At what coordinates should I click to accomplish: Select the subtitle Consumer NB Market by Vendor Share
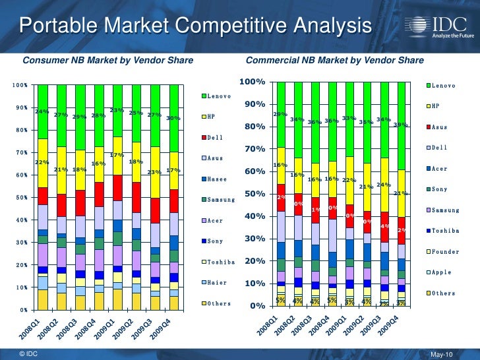click(108, 61)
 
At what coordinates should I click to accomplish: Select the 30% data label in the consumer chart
click(173, 119)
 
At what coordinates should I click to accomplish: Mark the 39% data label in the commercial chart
click(400, 125)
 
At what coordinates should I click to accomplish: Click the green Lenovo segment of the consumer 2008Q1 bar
click(42, 99)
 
